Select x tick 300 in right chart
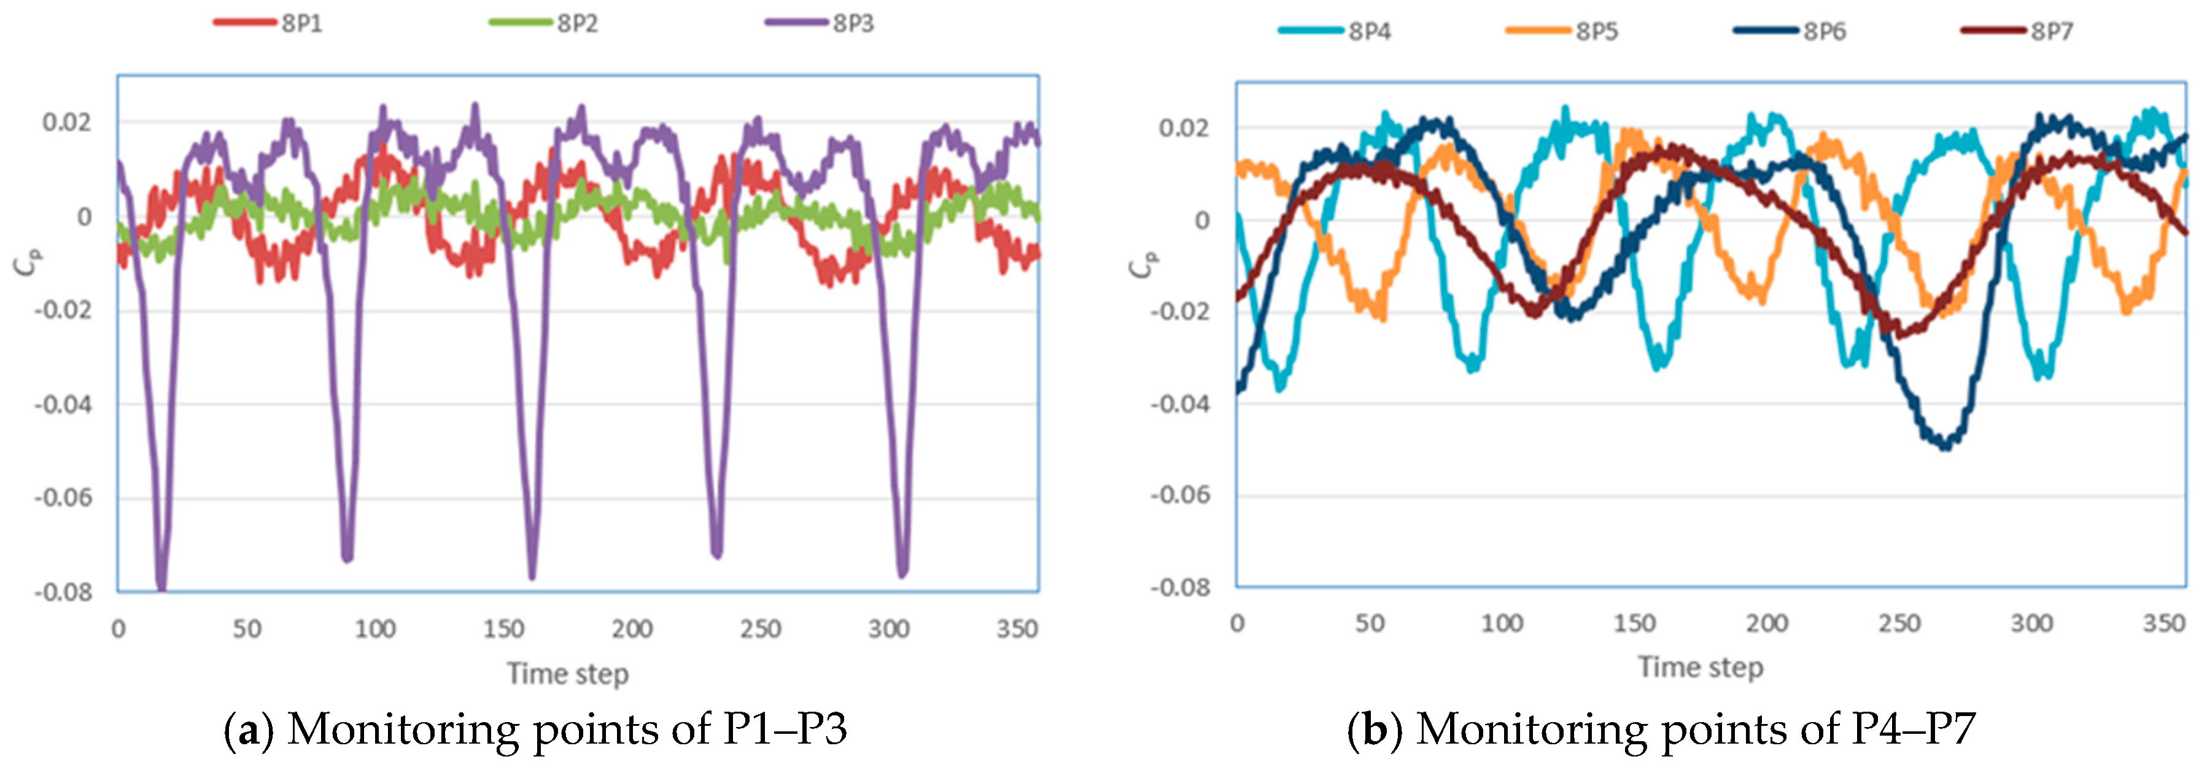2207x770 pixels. [2031, 623]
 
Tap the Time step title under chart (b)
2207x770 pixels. [1701, 667]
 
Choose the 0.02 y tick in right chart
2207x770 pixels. [1183, 128]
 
